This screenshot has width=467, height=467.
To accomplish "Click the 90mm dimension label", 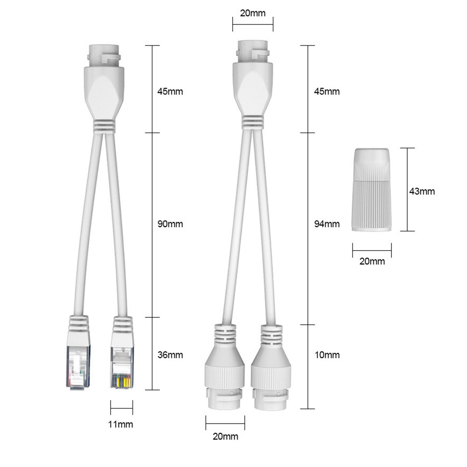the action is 170,223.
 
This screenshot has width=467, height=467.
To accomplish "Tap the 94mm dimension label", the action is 327,223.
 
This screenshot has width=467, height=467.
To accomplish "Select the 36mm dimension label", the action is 170,355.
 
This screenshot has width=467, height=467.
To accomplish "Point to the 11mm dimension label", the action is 120,424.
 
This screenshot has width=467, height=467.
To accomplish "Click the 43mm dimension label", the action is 422,191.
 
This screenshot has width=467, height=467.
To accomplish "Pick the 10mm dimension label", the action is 327,355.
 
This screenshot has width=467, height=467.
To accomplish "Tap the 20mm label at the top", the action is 252,13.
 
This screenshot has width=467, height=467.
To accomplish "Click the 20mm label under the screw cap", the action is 372,261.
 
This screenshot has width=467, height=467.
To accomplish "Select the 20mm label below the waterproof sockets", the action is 225,436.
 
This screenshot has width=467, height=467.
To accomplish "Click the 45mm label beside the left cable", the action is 170,91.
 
